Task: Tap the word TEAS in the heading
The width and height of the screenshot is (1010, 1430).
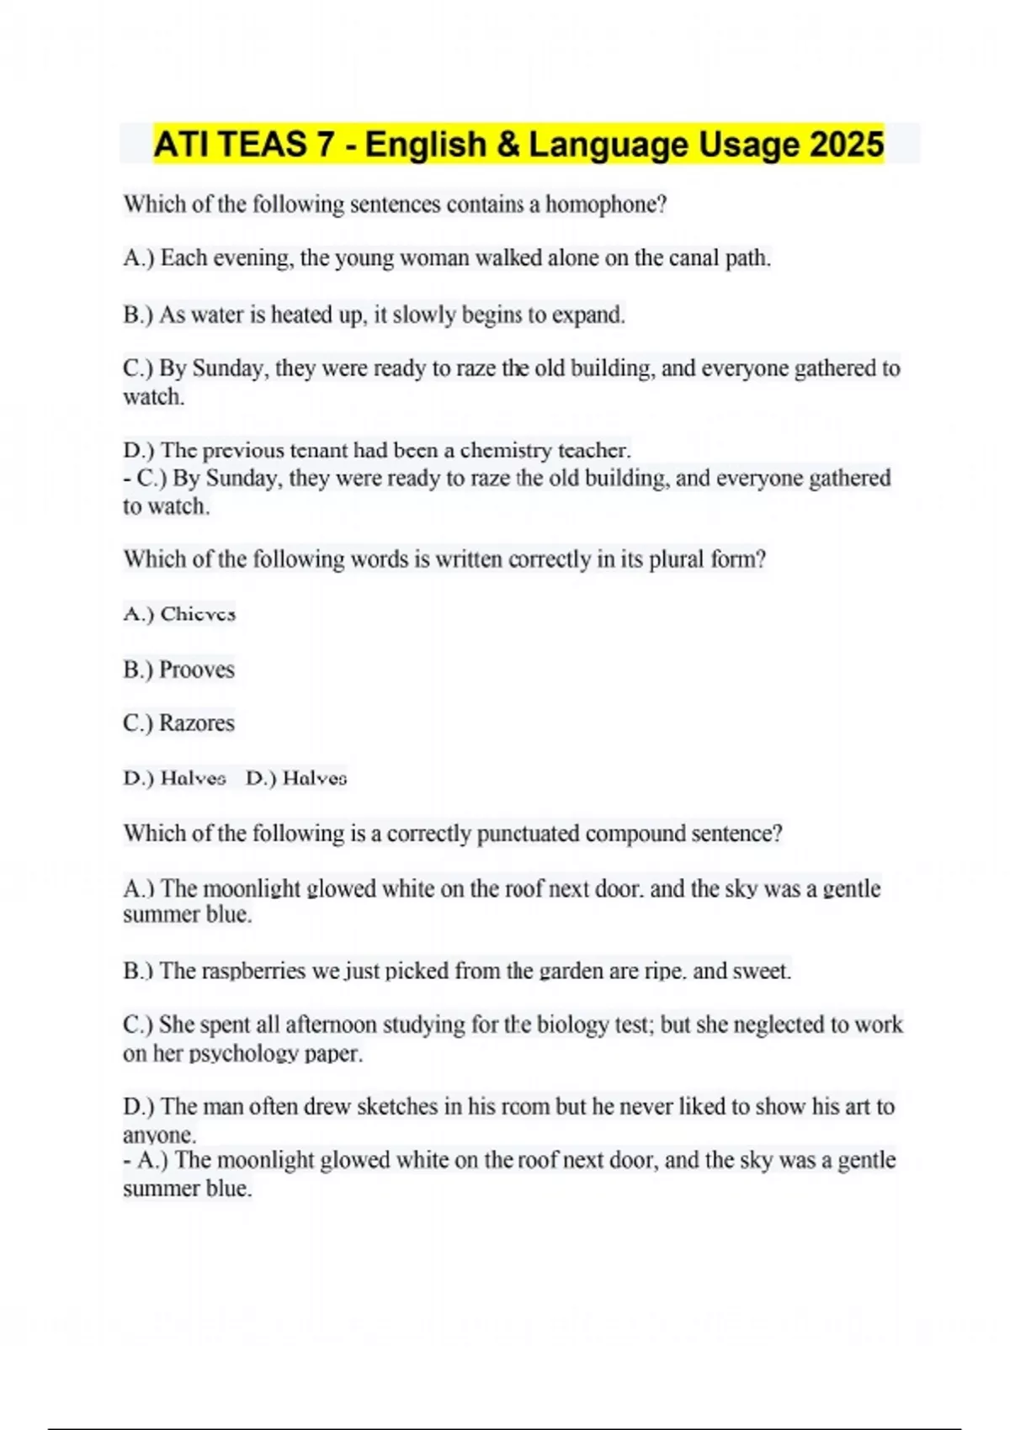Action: [263, 144]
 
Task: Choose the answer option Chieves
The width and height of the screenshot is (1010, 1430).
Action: [198, 614]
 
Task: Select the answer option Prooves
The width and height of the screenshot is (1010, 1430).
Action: [197, 670]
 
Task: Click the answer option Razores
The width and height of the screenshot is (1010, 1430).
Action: [197, 723]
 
